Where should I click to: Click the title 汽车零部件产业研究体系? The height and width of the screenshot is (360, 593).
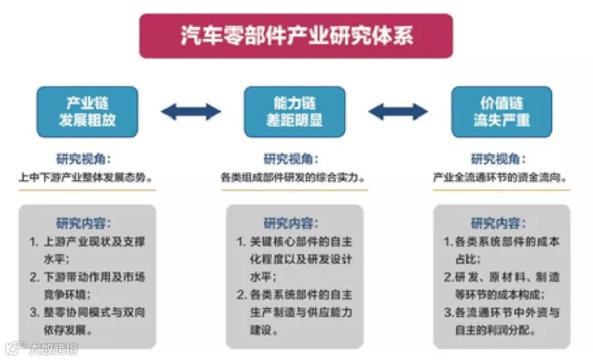tap(296, 36)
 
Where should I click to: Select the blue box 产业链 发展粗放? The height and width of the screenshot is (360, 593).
tap(88, 112)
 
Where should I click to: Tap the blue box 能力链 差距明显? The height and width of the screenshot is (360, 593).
tap(295, 112)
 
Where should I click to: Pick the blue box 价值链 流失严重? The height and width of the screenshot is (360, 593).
tap(501, 112)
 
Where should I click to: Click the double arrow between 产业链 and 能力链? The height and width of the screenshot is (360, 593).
tap(191, 111)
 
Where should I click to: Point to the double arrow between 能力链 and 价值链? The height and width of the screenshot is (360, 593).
tap(398, 111)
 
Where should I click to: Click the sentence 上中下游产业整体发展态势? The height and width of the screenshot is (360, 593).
tap(87, 177)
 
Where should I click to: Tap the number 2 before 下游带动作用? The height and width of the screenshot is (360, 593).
tap(34, 276)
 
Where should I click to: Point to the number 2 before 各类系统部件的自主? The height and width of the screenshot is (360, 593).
tap(241, 294)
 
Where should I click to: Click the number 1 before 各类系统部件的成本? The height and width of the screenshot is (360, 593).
tap(447, 242)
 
